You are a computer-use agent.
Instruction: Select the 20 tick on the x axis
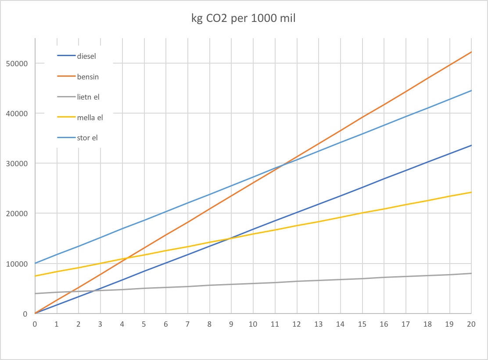click(471, 324)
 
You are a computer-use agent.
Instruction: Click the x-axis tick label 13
click(319, 324)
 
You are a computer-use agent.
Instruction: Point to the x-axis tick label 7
click(188, 324)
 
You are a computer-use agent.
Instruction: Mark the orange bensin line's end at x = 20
click(471, 52)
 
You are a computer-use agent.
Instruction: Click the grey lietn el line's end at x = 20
click(471, 273)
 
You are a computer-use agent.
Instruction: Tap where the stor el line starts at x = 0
click(35, 263)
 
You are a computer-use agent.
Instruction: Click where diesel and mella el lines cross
click(230, 238)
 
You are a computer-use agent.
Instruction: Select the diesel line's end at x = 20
click(471, 145)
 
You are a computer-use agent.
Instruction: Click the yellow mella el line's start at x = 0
click(35, 276)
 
